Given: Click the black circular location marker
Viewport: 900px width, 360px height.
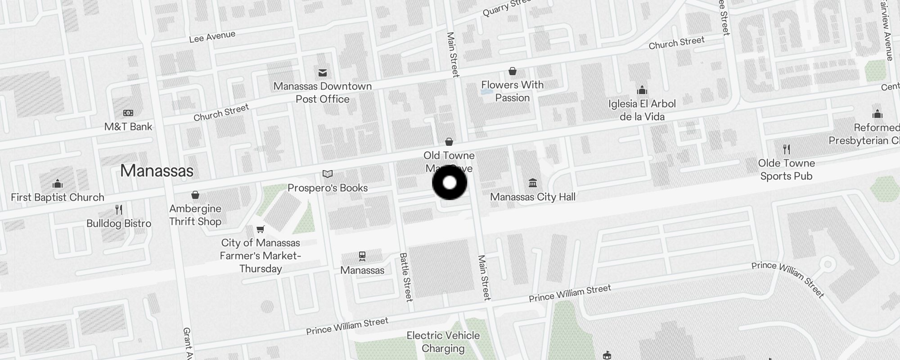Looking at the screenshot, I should click(x=450, y=183).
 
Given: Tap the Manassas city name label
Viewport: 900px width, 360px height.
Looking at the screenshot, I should click(x=157, y=171).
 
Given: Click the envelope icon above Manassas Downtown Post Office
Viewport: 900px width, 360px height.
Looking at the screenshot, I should click(x=323, y=72).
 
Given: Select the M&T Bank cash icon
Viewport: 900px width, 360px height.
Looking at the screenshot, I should click(x=128, y=113).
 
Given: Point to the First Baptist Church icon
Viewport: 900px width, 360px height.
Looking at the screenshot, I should click(x=58, y=184).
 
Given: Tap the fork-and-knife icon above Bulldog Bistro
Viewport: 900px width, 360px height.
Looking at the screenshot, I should click(x=119, y=210).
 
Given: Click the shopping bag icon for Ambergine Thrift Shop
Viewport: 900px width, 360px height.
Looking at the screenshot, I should click(x=195, y=195).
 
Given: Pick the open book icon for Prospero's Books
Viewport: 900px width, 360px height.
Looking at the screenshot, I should click(x=328, y=174).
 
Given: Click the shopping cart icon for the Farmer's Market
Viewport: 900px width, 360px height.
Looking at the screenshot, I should click(x=260, y=229).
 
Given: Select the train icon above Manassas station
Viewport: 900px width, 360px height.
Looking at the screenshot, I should click(x=362, y=256).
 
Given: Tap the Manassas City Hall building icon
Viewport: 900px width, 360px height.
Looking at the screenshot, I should click(x=533, y=183).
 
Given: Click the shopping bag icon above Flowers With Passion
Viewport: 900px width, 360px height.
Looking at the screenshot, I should click(x=512, y=71).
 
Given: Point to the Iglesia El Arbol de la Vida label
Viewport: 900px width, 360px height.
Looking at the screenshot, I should click(x=642, y=110).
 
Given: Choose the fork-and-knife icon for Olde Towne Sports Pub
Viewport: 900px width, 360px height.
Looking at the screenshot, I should click(x=786, y=149).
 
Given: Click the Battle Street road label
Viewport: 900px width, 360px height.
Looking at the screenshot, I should click(x=405, y=277).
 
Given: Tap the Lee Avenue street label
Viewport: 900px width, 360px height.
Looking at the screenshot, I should click(x=212, y=36).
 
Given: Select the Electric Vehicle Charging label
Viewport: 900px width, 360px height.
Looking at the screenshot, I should click(x=443, y=342).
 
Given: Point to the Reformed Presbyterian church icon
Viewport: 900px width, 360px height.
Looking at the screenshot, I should click(x=877, y=114).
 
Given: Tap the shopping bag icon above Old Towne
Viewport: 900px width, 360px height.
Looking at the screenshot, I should click(x=449, y=142).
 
